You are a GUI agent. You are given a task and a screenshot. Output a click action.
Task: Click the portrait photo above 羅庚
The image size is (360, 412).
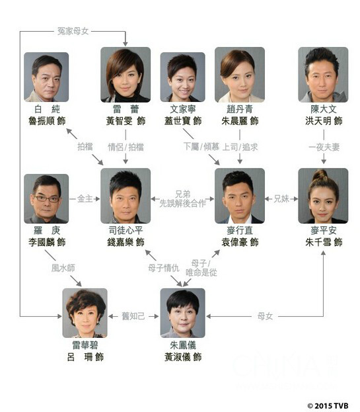pyautogui.click(x=46, y=198)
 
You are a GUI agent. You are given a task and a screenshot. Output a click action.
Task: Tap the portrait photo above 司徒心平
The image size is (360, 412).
pyautogui.click(x=126, y=195)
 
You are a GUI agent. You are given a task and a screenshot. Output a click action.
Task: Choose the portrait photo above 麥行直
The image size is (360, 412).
pyautogui.click(x=240, y=195)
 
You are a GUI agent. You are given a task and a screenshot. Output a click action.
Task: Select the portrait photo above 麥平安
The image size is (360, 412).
pyautogui.click(x=323, y=195)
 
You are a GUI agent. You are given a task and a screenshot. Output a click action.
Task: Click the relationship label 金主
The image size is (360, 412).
pyautogui.click(x=85, y=198)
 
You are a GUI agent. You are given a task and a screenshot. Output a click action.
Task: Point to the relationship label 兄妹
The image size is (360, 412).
pyautogui.click(x=281, y=198)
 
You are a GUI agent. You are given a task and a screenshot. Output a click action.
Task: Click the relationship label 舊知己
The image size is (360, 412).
pyautogui.click(x=133, y=317)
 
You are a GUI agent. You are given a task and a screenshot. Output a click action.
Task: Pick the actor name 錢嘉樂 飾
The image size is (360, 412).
pyautogui.click(x=126, y=243)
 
